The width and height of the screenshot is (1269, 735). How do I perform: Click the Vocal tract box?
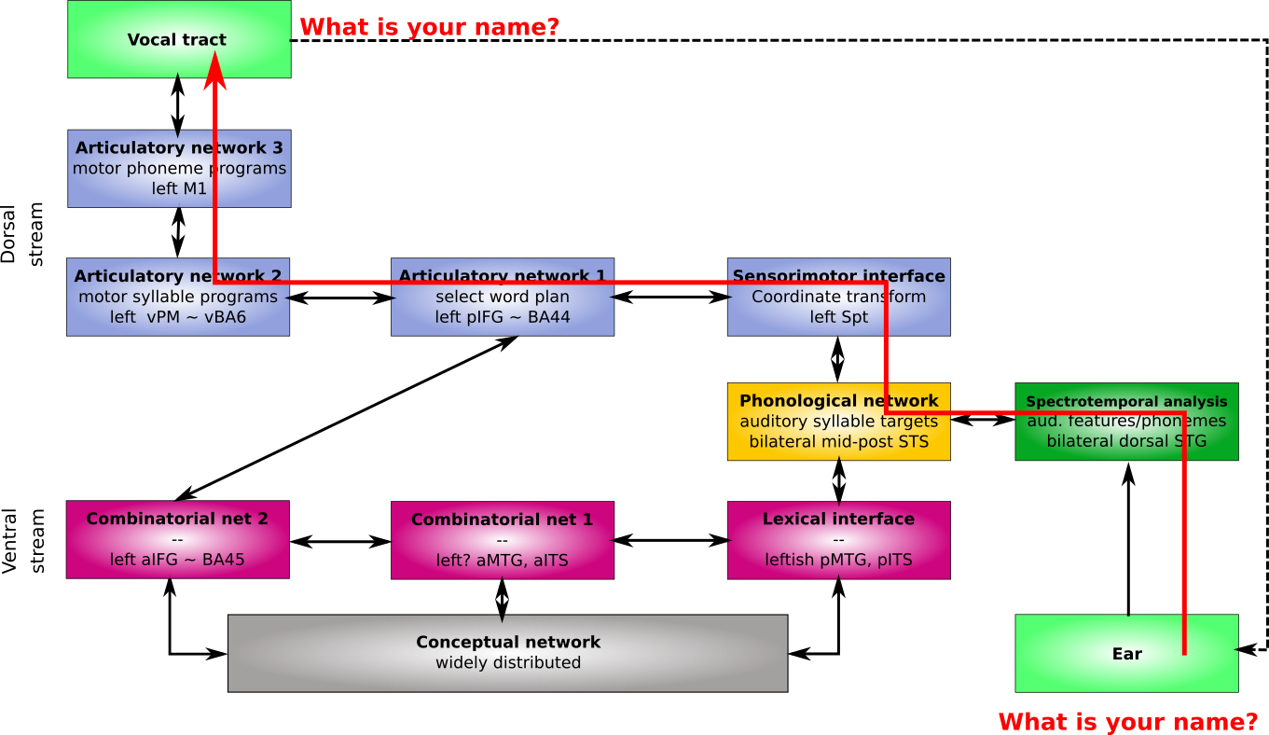pos(140,39)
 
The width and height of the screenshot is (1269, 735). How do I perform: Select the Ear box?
pos(1100,653)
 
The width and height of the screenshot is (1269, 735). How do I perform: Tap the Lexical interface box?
pos(838,540)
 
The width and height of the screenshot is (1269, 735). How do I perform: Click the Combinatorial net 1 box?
pos(502,540)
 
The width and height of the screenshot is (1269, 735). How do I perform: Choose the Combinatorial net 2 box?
pos(177,539)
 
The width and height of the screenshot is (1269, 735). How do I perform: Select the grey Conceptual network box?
pos(507,653)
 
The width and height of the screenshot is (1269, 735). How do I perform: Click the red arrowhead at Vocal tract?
pos(215,71)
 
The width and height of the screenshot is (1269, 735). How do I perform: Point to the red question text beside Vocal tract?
pos(429,27)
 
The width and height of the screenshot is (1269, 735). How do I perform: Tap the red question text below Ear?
pos(1127,722)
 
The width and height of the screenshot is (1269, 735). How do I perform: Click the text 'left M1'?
pos(179,189)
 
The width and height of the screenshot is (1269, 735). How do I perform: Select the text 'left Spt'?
pos(838,317)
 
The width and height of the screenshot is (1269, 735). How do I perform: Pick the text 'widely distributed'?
pos(507,663)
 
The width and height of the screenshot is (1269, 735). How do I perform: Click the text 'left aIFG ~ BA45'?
pos(177,560)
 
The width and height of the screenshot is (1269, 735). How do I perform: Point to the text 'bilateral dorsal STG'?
pos(1126,441)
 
